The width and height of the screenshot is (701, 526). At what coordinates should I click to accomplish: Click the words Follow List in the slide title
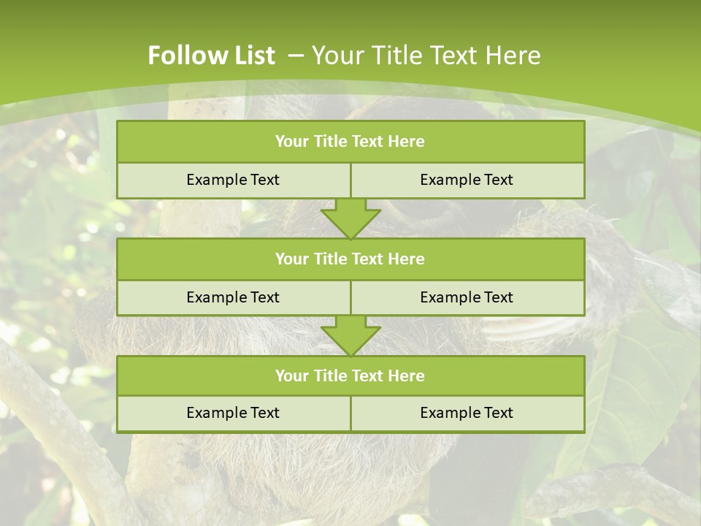pyautogui.click(x=211, y=56)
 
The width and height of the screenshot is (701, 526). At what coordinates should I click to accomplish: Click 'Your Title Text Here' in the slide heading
pyautogui.click(x=426, y=56)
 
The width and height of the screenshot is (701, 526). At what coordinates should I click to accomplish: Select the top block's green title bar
pyautogui.click(x=350, y=142)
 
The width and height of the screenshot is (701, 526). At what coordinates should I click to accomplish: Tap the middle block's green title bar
pyautogui.click(x=350, y=259)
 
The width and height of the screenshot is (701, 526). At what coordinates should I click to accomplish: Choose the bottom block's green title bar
pyautogui.click(x=350, y=376)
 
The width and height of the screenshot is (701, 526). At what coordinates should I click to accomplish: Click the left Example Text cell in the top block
pyautogui.click(x=233, y=180)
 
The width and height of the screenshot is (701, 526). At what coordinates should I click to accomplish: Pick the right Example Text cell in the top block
pyautogui.click(x=467, y=180)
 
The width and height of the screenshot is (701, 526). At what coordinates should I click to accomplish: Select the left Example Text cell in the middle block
pyautogui.click(x=233, y=297)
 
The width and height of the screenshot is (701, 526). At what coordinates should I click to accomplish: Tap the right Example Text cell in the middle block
pyautogui.click(x=467, y=297)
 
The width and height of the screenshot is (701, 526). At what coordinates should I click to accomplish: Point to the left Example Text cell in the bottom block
pyautogui.click(x=233, y=413)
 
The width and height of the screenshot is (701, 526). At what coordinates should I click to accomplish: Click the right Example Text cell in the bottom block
pyautogui.click(x=467, y=413)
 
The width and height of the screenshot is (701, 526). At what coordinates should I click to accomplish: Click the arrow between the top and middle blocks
pyautogui.click(x=350, y=218)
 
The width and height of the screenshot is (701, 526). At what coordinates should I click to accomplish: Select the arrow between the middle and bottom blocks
pyautogui.click(x=350, y=335)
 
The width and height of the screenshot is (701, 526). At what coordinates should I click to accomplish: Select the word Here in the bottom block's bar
pyautogui.click(x=407, y=376)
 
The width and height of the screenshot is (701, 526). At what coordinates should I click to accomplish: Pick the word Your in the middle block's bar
pyautogui.click(x=292, y=259)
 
